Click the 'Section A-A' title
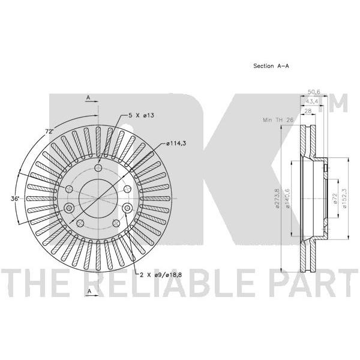point(271,66)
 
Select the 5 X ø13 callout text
point(141,115)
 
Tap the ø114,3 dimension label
point(176,143)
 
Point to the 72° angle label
point(49,131)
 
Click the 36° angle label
point(14,199)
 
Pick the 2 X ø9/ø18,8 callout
point(161,275)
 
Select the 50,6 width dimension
point(314,92)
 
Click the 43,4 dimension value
point(311,101)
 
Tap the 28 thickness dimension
point(308,111)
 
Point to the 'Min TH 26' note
point(278,120)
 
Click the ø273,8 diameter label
point(277,199)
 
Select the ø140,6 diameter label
point(287,199)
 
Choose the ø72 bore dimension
point(334,199)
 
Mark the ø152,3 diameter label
point(344,199)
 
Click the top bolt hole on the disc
point(98,168)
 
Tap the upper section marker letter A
point(88,98)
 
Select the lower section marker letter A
point(89,292)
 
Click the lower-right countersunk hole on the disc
point(127,208)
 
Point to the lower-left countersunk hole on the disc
point(69,208)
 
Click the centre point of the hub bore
point(98,199)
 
